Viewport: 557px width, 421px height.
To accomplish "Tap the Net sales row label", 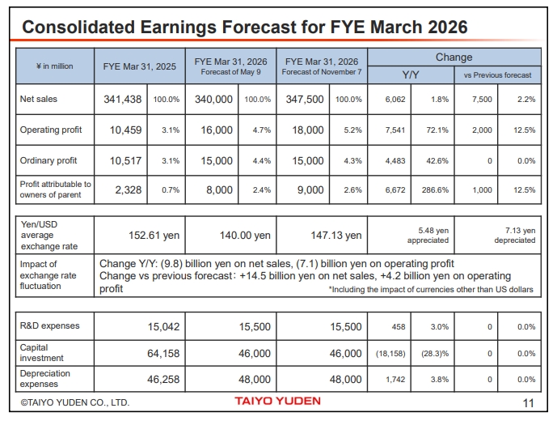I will click(38, 99).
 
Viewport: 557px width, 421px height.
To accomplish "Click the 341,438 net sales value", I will click(123, 99).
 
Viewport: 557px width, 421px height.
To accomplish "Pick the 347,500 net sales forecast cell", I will click(305, 99).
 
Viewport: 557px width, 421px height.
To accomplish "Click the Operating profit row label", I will click(51, 130).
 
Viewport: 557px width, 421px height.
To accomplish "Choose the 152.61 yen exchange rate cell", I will click(154, 236).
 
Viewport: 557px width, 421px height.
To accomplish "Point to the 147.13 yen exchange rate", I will click(336, 236).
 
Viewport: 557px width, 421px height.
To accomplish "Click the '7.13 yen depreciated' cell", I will click(515, 235).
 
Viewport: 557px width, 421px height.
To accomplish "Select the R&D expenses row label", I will click(49, 326).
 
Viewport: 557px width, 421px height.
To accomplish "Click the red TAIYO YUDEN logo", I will click(277, 401).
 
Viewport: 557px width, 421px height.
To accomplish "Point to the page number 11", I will click(529, 402).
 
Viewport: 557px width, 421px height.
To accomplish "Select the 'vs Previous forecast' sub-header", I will click(497, 74).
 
